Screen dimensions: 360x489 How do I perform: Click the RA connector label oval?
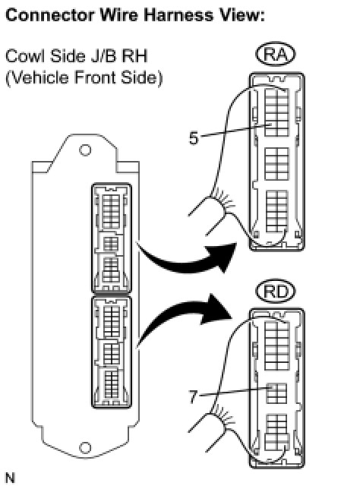275,55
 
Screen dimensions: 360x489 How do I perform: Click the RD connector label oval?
275,292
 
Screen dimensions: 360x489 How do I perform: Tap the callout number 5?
194,138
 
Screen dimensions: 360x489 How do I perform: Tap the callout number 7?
194,397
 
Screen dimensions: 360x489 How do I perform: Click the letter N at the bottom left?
10,478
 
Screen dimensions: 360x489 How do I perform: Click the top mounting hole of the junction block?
85,150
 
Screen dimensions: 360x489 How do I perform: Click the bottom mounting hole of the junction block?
85,448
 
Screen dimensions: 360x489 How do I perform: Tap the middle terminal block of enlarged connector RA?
276,164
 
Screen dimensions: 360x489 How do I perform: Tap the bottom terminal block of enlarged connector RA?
276,211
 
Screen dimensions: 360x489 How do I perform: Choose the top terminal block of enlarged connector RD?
277,345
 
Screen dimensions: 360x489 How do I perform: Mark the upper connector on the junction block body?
112,238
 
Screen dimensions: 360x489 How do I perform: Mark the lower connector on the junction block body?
112,352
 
